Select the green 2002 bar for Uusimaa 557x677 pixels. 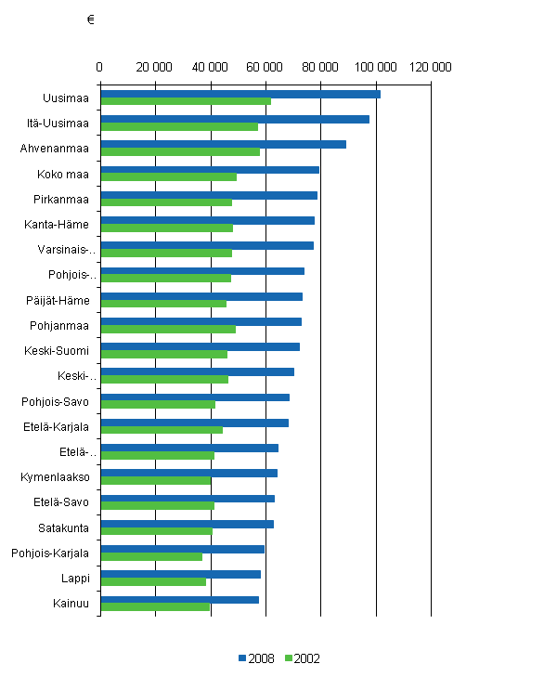coord(185,101)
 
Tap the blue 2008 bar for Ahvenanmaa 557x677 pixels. coord(223,144)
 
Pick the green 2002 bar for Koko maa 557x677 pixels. coord(168,176)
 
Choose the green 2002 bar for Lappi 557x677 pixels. coord(152,581)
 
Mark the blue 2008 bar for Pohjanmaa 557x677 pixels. coord(201,321)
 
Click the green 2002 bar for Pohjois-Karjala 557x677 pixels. coord(150,556)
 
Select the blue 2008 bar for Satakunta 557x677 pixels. coord(187,524)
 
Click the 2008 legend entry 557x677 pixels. coord(256,657)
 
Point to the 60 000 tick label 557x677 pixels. coord(266,67)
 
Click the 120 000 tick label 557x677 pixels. coord(432,67)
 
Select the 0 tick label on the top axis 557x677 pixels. coord(99,67)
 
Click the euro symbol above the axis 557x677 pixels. coord(90,20)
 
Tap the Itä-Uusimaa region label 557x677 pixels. coord(58,123)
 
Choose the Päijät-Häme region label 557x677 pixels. coord(58,300)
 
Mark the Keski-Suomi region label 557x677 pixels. coord(57,350)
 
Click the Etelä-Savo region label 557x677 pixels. coord(58,501)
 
